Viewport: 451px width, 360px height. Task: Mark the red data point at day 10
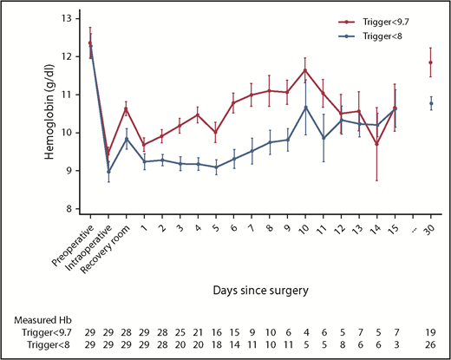point(304,70)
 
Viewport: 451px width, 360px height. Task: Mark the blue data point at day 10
point(304,108)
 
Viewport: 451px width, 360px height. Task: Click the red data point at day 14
point(376,144)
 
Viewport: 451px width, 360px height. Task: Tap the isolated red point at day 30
point(431,62)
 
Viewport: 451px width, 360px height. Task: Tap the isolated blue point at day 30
point(431,103)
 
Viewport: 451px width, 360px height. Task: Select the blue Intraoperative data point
point(108,172)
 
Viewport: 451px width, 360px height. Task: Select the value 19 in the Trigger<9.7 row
point(431,332)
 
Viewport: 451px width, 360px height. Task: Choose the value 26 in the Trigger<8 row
point(431,345)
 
